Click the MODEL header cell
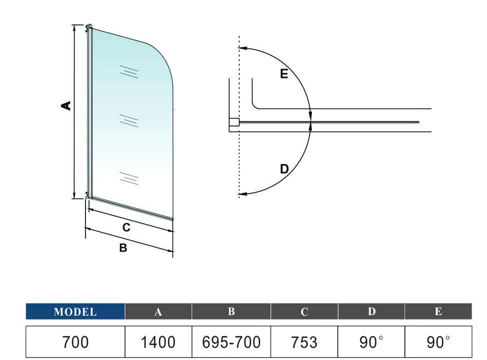point(75,311)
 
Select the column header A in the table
point(158,311)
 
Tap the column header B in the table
point(231,311)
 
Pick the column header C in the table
point(304,311)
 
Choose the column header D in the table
point(371,311)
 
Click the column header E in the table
point(438,311)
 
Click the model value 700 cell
point(75,342)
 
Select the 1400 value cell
point(158,342)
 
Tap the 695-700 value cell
point(231,342)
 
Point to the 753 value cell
point(304,342)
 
